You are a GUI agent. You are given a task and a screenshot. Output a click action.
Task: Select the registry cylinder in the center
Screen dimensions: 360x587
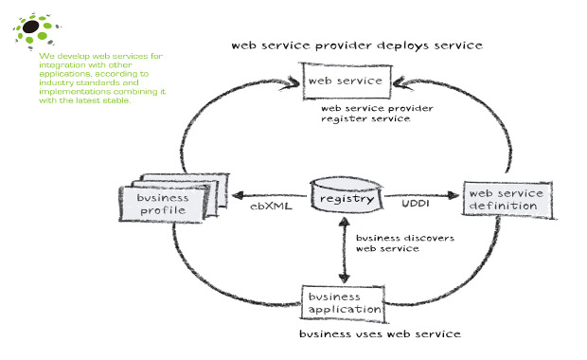[x=346, y=199]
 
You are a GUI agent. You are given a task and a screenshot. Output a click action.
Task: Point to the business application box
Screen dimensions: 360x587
[x=342, y=301]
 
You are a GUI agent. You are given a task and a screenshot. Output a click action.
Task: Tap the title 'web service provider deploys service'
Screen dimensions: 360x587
[x=358, y=45]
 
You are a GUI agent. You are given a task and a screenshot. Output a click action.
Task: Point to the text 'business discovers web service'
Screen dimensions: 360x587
[x=392, y=243]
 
